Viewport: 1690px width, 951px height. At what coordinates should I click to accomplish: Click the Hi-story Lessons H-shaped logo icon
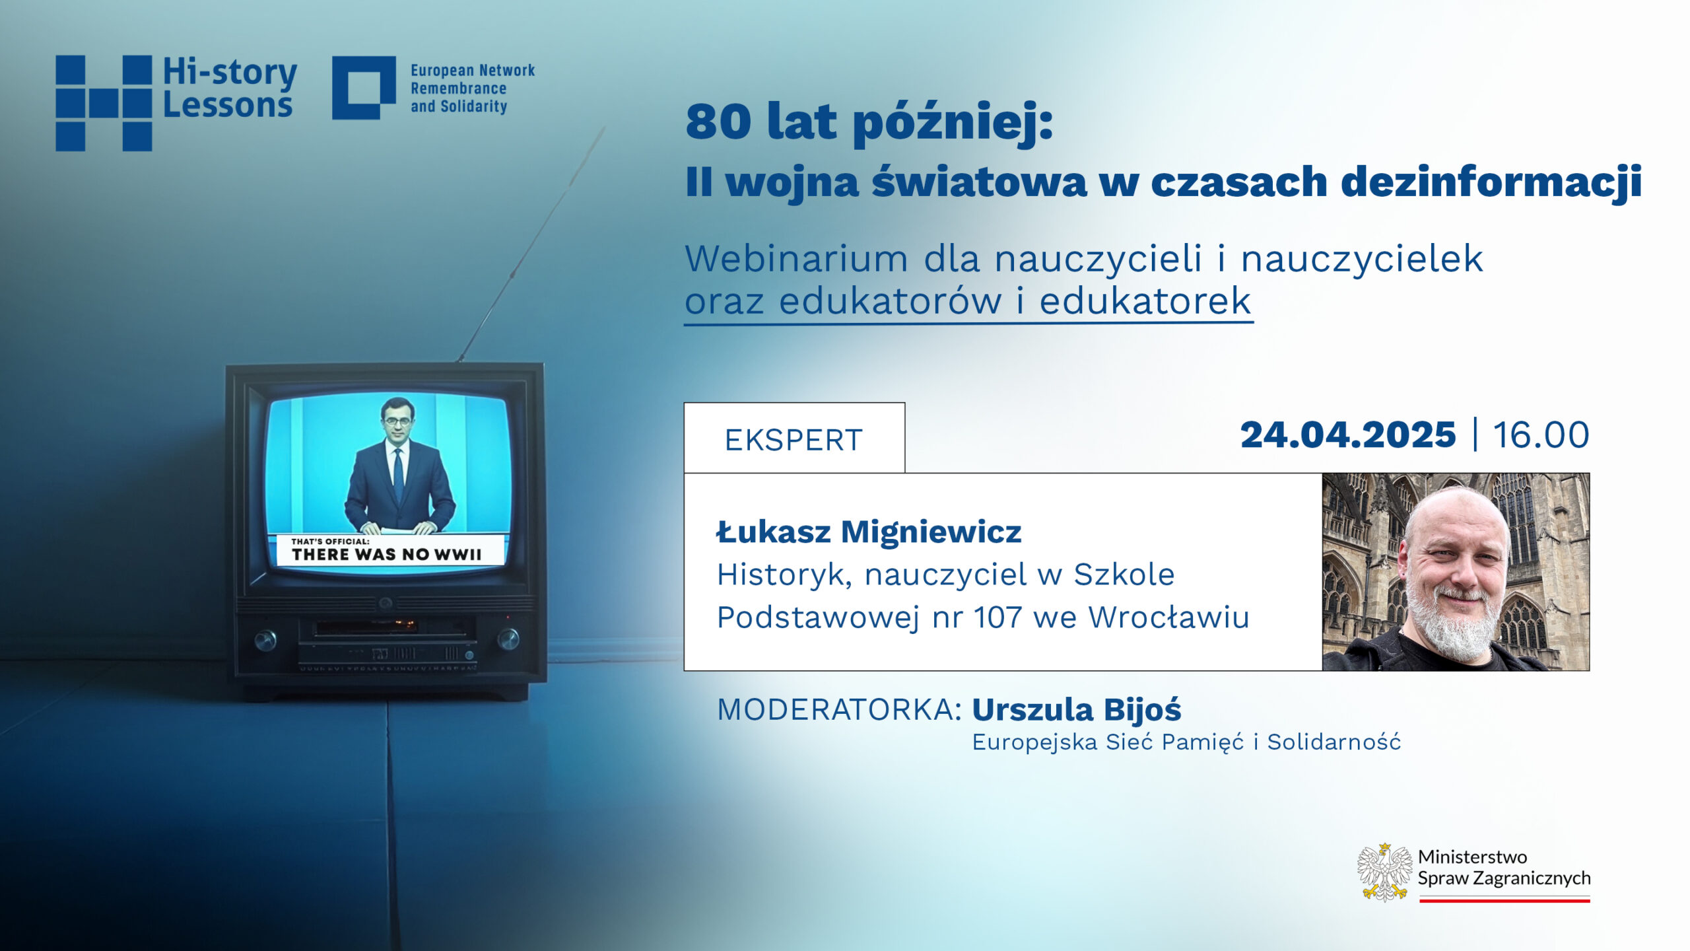click(x=104, y=103)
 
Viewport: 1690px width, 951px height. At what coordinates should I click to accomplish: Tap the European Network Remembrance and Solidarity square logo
click(x=364, y=88)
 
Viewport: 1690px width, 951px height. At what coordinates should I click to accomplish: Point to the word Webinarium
click(x=796, y=258)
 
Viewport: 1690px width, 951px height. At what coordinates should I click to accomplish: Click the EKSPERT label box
click(x=794, y=438)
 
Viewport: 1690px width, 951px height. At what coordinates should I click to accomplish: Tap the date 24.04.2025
click(x=1348, y=435)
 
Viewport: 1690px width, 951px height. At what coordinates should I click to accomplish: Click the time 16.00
click(x=1541, y=435)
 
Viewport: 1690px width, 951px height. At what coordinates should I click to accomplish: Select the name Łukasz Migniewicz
click(x=869, y=532)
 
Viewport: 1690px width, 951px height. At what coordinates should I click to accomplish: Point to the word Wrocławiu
click(x=1169, y=617)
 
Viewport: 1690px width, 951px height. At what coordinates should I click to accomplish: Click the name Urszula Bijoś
click(x=1077, y=711)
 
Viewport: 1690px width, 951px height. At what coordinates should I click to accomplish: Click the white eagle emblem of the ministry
click(x=1384, y=872)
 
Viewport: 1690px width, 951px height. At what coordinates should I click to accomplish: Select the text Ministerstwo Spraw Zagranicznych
click(x=1504, y=867)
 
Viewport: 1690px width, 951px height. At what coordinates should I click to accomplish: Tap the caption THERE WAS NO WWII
click(x=387, y=554)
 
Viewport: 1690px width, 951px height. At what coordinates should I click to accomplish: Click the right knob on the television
click(x=508, y=639)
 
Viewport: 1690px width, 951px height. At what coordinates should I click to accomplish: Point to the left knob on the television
click(x=265, y=641)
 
